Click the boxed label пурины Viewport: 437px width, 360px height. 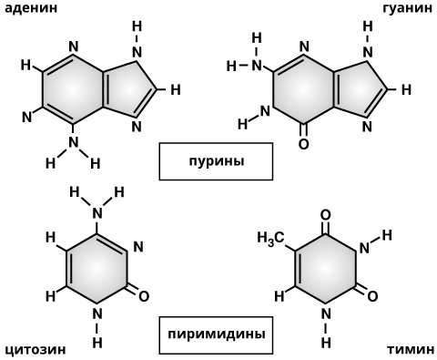[x=217, y=163]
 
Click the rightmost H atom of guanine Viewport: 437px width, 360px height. [x=407, y=90]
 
